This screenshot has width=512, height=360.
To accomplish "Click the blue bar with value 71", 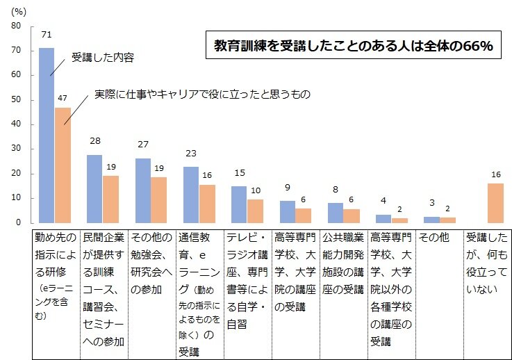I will point(47,136).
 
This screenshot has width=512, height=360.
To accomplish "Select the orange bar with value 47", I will point(63,165).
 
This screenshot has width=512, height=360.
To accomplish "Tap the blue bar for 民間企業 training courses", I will point(94,188).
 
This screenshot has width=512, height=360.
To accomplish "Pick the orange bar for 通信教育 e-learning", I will point(207,204).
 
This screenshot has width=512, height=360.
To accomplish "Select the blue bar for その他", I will point(431,220).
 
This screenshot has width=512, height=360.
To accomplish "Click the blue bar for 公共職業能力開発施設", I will point(336,213).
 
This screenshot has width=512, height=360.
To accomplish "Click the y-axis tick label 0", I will point(19,223).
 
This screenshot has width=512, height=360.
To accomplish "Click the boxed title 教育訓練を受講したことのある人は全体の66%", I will point(353,47).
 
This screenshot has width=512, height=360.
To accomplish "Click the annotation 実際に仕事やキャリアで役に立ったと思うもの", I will point(201,94).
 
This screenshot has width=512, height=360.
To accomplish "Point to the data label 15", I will point(239,173).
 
